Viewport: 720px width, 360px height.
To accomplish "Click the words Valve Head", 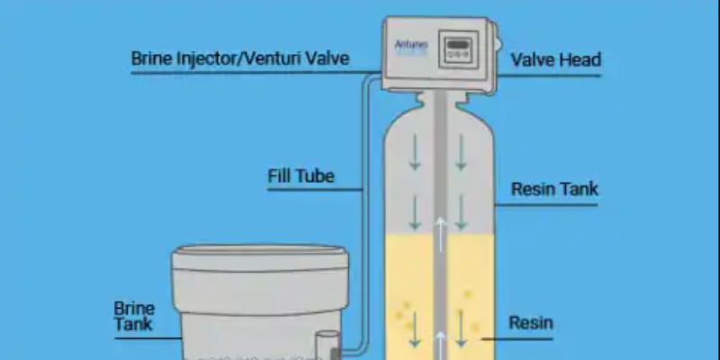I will coord(555,60).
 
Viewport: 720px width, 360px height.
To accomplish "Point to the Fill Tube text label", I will coord(301,175).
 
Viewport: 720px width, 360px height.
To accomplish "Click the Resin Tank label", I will coord(554,189).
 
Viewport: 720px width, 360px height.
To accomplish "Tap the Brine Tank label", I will coord(134,316).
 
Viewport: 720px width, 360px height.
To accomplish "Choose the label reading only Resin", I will coord(531,322).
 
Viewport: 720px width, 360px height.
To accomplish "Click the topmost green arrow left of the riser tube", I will coord(415,152).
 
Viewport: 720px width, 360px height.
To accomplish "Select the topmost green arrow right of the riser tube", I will coord(460,152).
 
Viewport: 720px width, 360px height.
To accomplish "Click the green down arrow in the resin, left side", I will coord(415,331).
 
